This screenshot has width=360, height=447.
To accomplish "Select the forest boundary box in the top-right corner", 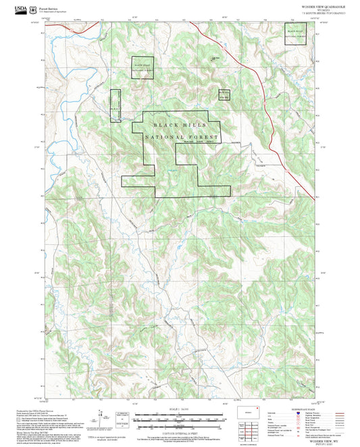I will pyautogui.click(x=297, y=34).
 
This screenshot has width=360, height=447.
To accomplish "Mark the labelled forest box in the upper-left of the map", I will pyautogui.click(x=143, y=68).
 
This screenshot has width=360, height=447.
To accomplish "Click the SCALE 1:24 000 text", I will pyautogui.click(x=180, y=409).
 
